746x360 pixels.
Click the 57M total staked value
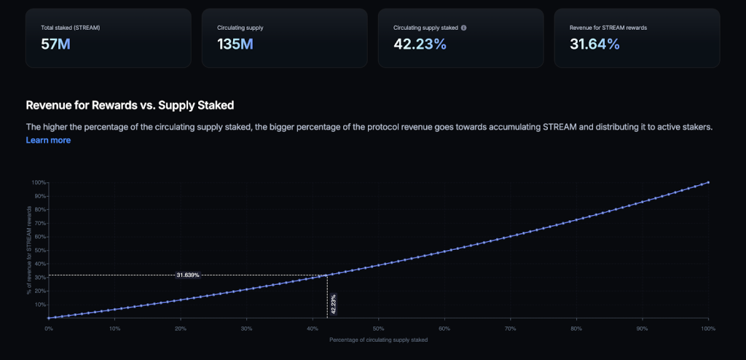[x=56, y=44]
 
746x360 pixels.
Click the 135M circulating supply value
[x=235, y=44]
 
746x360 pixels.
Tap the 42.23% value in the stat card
[x=420, y=44]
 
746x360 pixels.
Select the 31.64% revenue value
[x=594, y=44]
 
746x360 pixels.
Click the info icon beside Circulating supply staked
[x=464, y=28]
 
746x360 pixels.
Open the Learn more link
[x=48, y=140]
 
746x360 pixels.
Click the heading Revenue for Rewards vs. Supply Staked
[x=130, y=106]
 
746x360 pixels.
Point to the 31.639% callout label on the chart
[x=188, y=275]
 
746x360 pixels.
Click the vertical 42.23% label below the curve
[x=334, y=305]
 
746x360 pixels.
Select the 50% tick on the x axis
[x=378, y=329]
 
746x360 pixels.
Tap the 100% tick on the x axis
[x=707, y=329]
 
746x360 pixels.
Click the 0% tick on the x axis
[x=48, y=329]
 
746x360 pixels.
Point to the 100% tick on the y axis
[x=39, y=182]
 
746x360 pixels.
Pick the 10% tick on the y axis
[x=40, y=305]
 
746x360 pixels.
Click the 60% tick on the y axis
[x=40, y=237]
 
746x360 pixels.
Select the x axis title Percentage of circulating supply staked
[x=378, y=340]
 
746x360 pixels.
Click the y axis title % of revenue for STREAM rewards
[x=29, y=250]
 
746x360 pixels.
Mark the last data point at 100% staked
[x=708, y=182]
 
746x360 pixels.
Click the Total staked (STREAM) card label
[x=71, y=28]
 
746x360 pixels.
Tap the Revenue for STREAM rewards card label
[x=608, y=28]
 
